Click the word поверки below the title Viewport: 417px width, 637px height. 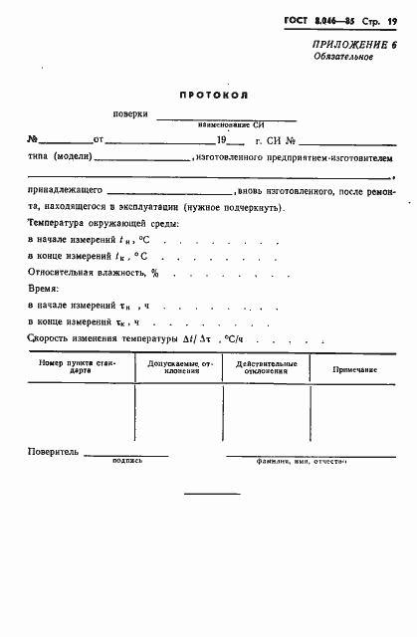pos(131,116)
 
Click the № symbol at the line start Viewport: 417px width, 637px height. pos(33,139)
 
